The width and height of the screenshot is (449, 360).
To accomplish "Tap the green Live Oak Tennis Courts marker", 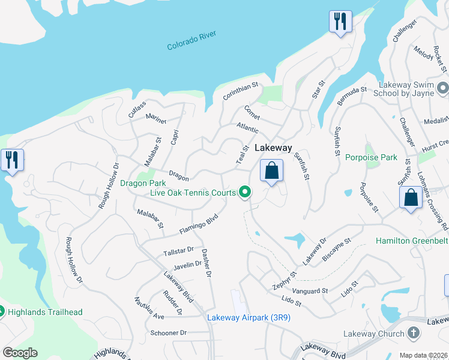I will [245, 192].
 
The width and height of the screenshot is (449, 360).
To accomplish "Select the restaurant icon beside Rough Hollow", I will [12, 161].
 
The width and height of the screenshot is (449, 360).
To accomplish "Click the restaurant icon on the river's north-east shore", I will [340, 22].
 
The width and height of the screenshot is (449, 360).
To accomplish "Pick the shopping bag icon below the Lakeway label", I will [272, 170].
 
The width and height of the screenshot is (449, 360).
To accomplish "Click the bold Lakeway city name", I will [273, 148].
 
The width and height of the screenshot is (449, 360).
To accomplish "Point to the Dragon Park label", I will [142, 183].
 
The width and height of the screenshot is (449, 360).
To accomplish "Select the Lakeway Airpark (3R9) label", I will [249, 317].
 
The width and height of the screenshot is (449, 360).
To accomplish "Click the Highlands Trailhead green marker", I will [2, 311].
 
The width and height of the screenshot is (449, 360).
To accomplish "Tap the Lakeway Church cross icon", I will [414, 333].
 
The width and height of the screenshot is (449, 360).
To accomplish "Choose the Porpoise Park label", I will [372, 158].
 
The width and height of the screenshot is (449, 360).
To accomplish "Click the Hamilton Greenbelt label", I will [412, 241].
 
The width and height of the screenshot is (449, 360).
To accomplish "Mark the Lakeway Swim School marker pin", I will [443, 89].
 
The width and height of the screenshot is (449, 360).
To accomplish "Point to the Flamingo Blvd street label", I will [197, 225].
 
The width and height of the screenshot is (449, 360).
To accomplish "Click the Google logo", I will [20, 353].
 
